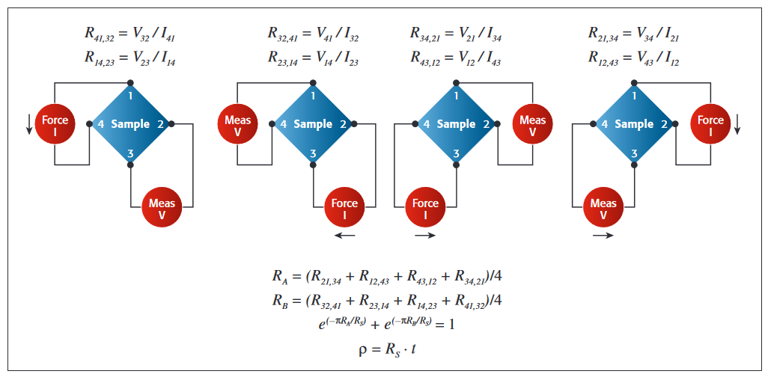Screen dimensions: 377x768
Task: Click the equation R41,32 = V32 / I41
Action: (x=130, y=34)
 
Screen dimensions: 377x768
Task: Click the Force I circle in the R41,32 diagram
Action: (x=55, y=125)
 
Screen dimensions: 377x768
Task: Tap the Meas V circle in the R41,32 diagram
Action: (x=162, y=207)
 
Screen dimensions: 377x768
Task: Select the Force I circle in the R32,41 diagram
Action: (x=345, y=207)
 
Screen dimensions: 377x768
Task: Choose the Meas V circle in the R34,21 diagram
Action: (x=532, y=125)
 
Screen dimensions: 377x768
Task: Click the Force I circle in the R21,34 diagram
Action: (x=710, y=125)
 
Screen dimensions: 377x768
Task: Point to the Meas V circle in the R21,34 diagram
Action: (x=603, y=207)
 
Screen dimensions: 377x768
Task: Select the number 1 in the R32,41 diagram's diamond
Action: (x=313, y=96)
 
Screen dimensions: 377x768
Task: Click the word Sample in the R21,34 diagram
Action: (x=633, y=124)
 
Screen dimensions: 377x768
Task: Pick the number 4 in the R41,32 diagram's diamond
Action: (x=101, y=124)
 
